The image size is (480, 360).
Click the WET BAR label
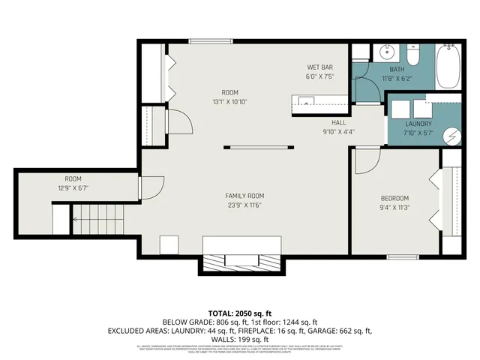click(x=319, y=66)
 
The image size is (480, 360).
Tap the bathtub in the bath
click(x=451, y=65)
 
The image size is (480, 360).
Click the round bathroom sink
click(x=388, y=52)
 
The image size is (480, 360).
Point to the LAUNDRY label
click(x=418, y=124)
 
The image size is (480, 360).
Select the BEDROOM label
click(x=394, y=198)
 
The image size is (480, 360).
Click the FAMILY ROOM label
click(x=245, y=196)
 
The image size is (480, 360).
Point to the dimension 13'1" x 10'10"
click(x=229, y=101)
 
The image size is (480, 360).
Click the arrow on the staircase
click(x=75, y=219)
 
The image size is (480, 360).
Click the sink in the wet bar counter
click(x=304, y=100)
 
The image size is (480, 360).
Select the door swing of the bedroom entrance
click(x=365, y=160)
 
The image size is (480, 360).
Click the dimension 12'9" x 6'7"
click(x=73, y=188)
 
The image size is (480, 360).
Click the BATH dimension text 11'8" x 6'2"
click(x=397, y=77)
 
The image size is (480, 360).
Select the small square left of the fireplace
click(x=169, y=245)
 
